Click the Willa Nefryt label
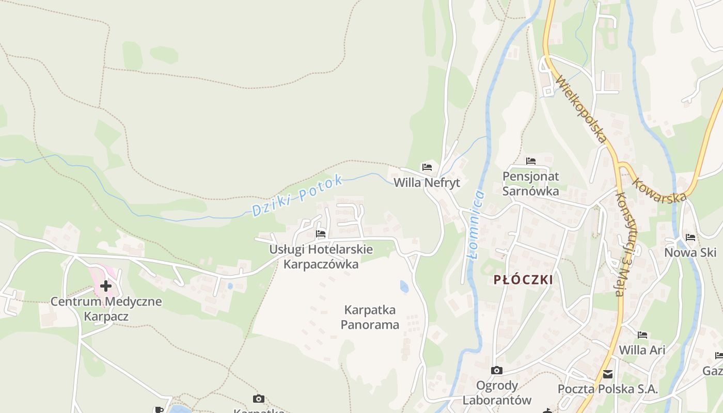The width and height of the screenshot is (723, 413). click(x=427, y=183)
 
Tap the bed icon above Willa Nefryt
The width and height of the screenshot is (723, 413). click(x=427, y=167)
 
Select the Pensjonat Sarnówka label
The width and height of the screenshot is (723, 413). click(x=531, y=184)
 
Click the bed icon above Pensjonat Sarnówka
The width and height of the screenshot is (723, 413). click(x=531, y=161)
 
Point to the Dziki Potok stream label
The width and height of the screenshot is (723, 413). click(x=297, y=196)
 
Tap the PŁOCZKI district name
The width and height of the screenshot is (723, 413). click(x=523, y=280)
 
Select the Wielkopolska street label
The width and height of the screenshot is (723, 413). click(x=581, y=109)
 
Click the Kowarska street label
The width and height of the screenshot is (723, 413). click(x=659, y=190)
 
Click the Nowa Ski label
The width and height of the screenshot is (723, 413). click(x=690, y=252)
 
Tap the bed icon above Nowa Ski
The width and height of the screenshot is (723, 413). click(x=690, y=237)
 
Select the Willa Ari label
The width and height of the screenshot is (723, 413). click(x=642, y=350)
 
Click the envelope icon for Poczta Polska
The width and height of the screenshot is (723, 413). click(x=608, y=374)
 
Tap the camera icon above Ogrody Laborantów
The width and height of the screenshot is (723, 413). click(x=496, y=370)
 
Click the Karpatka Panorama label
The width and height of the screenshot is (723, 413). click(x=370, y=317)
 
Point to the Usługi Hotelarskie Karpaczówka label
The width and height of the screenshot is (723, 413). click(x=321, y=257)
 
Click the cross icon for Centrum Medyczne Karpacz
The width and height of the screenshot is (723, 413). click(x=106, y=285)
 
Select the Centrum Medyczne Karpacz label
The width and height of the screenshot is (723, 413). click(x=106, y=309)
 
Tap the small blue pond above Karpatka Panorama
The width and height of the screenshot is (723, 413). click(x=404, y=286)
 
